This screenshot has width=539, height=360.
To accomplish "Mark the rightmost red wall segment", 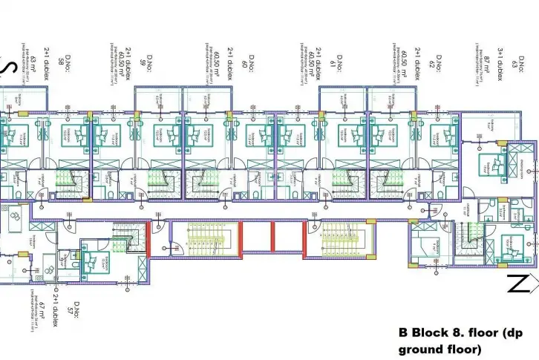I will [x=304, y=238].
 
